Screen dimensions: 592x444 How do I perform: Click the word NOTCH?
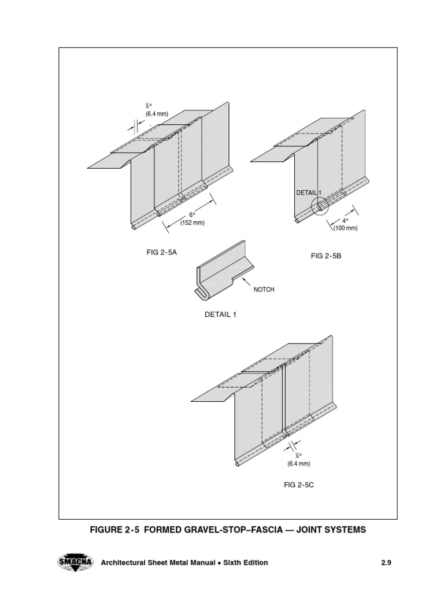[x=264, y=290]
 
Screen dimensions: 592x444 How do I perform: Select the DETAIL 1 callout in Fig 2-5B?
[x=308, y=193]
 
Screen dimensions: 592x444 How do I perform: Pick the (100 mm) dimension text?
[x=345, y=228]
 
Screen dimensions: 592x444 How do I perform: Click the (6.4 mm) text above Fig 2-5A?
[x=157, y=114]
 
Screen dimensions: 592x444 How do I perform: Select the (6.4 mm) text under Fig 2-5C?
[x=298, y=463]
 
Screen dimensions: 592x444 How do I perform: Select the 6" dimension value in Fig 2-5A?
[x=191, y=214]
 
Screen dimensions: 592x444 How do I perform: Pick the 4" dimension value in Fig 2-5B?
[x=345, y=220]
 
